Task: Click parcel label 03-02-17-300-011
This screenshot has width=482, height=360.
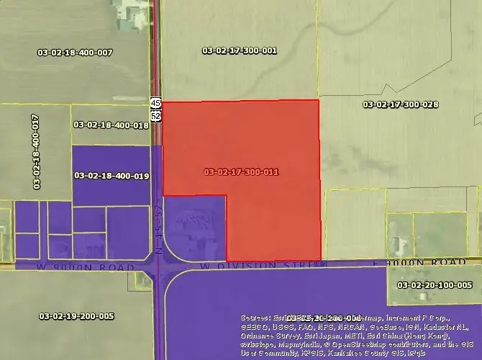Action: pyautogui.click(x=242, y=172)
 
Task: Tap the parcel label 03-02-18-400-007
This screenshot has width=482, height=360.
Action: pyautogui.click(x=75, y=52)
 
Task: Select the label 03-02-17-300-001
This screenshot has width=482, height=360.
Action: pyautogui.click(x=240, y=50)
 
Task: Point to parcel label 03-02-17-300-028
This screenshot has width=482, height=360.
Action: pyautogui.click(x=401, y=104)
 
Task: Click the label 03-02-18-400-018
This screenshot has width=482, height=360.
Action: pyautogui.click(x=111, y=125)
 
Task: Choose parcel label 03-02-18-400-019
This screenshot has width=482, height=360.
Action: pyautogui.click(x=112, y=175)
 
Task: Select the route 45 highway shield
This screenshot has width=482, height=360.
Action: pyautogui.click(x=155, y=103)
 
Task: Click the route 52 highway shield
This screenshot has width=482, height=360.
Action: pyautogui.click(x=155, y=115)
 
